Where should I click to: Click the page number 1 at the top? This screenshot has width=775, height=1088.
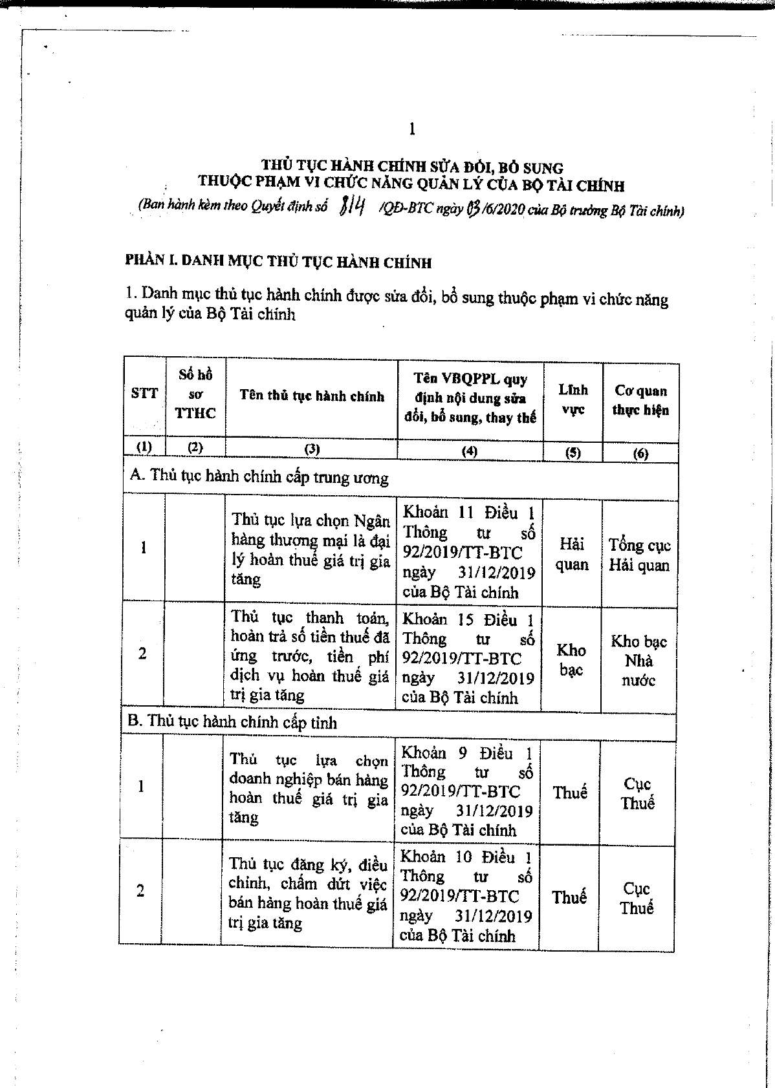[412, 129]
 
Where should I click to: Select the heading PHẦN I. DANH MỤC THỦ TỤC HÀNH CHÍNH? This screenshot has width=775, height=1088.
[278, 262]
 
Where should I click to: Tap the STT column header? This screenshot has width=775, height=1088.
[144, 393]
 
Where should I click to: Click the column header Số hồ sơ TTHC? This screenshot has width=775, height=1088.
[195, 394]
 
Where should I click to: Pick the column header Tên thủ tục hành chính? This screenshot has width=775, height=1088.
[312, 396]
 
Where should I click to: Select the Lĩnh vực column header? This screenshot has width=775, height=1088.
[573, 399]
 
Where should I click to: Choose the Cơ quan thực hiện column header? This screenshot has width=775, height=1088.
[640, 400]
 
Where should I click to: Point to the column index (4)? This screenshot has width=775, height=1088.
[470, 451]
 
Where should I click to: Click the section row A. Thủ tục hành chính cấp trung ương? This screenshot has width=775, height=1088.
[259, 477]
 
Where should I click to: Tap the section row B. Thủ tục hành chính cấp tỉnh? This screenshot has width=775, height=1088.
[233, 721]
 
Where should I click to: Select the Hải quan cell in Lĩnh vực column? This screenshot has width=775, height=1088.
[572, 554]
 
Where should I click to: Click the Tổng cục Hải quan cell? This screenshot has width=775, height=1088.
[639, 555]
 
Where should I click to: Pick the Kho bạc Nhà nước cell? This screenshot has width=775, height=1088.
[639, 661]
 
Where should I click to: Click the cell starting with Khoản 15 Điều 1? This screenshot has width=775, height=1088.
[468, 658]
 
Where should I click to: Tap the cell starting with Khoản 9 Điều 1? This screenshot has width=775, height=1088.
[467, 791]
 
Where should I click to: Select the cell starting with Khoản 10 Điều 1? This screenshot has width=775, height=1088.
[466, 896]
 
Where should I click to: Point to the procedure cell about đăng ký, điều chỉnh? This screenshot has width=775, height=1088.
[308, 893]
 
